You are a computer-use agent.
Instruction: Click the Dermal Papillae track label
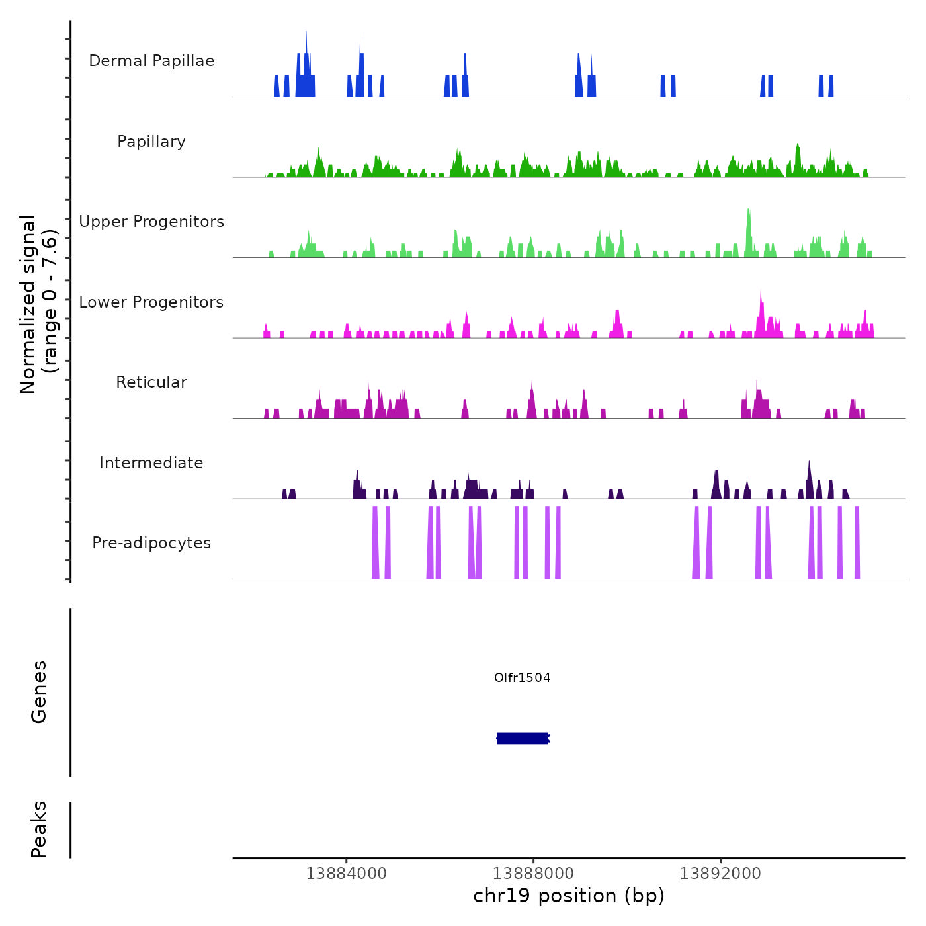pyautogui.click(x=151, y=61)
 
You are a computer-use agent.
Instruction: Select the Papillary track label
pyautogui.click(x=151, y=142)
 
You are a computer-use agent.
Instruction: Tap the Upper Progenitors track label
pyautogui.click(x=151, y=222)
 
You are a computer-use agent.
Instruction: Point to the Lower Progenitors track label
pyautogui.click(x=151, y=302)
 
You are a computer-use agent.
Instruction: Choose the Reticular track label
pyautogui.click(x=151, y=382)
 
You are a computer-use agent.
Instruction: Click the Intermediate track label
pyautogui.click(x=151, y=463)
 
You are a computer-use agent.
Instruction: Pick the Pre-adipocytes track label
pyautogui.click(x=151, y=543)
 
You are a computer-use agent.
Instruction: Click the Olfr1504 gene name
pyautogui.click(x=522, y=677)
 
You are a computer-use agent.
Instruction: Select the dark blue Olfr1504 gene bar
pyautogui.click(x=523, y=738)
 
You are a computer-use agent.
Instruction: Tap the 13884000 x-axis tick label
pyautogui.click(x=346, y=873)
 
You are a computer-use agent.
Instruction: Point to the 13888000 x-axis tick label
pyautogui.click(x=533, y=873)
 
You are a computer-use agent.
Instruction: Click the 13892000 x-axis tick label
pyautogui.click(x=720, y=873)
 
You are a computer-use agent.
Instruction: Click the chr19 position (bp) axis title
pyautogui.click(x=569, y=896)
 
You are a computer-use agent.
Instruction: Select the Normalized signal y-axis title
pyautogui.click(x=38, y=304)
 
